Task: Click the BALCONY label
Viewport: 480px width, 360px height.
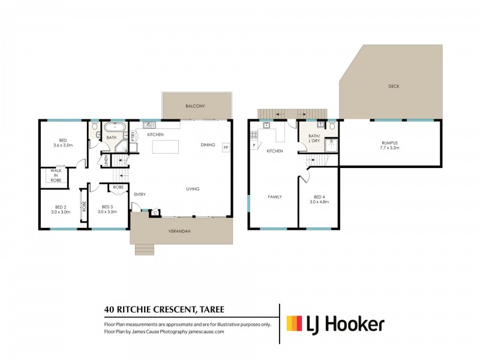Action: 195,106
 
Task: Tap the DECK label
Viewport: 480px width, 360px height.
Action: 394,86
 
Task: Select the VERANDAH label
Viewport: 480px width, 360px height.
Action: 179,231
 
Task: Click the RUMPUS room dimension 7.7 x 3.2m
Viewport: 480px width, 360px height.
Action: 389,148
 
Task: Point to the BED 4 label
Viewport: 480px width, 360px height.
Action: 317,197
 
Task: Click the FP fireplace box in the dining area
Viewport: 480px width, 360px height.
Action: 226,148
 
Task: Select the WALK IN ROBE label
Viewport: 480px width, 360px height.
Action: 56,175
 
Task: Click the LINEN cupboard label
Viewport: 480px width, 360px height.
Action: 106,160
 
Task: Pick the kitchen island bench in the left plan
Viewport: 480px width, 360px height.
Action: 166,146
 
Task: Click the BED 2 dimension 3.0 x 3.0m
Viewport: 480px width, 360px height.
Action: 61,212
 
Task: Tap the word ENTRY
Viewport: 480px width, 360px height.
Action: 140,194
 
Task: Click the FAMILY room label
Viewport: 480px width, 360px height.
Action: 275,197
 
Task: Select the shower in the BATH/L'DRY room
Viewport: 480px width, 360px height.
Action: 331,145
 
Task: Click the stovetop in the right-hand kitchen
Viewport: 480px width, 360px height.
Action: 254,135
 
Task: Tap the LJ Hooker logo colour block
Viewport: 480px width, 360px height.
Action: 294,323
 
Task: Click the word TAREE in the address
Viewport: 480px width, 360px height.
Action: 212,310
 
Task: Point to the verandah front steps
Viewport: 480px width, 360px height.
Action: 145,250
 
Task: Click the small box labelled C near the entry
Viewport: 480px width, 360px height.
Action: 155,213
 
